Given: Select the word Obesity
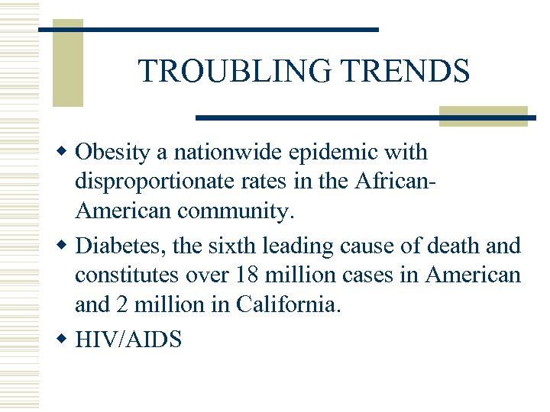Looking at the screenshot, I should click(113, 153).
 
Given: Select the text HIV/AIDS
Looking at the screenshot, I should click(128, 339).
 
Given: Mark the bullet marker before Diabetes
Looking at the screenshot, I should click(66, 246).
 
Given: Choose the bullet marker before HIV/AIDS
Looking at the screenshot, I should click(66, 340).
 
